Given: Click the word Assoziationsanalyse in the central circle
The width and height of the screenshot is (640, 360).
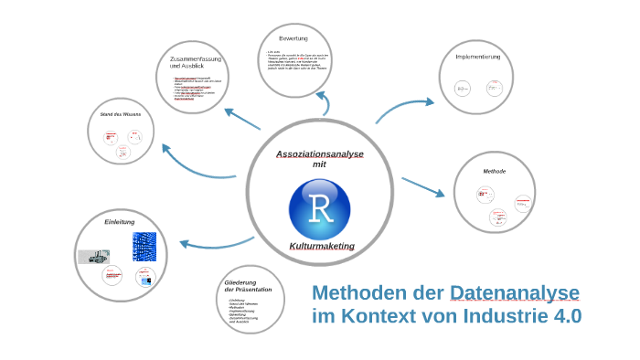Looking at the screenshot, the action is (x=320, y=154).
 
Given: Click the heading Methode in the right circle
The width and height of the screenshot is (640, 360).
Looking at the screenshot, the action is (x=494, y=171).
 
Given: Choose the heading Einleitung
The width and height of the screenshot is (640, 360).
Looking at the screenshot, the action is (x=120, y=222).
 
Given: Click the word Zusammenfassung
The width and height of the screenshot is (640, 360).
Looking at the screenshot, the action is (x=196, y=59).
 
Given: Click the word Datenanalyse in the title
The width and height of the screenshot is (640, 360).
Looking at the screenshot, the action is (x=515, y=293).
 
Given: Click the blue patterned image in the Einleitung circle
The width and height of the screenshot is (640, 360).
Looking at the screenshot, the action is (x=144, y=246).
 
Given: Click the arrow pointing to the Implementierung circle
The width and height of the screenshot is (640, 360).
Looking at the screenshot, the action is (x=403, y=109).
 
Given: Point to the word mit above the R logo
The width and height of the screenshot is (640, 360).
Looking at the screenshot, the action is (x=319, y=164).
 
